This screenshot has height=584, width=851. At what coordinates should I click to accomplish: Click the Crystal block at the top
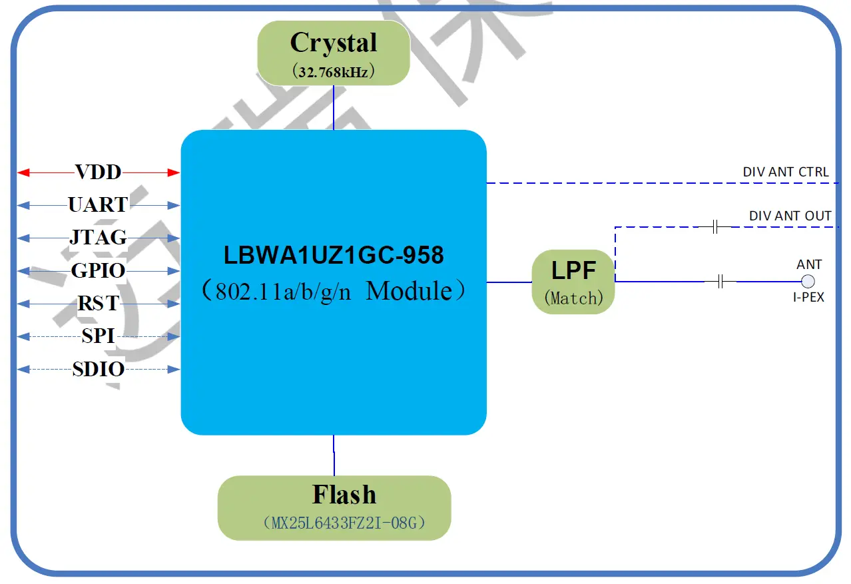334,53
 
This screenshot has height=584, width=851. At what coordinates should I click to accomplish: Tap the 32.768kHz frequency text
334,72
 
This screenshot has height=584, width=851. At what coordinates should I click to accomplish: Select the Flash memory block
334,507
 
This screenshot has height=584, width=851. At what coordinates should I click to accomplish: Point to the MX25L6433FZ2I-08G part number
344,523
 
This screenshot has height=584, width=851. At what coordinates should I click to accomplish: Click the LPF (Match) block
573,282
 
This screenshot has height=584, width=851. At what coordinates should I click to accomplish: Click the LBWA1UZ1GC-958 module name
334,255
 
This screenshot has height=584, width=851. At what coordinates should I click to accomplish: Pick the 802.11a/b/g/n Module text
334,292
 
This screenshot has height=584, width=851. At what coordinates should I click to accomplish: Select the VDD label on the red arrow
99,172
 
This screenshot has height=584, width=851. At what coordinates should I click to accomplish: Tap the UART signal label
99,204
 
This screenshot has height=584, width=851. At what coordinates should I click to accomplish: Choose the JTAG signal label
99,238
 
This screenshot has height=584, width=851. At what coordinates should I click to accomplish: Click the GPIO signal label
99,270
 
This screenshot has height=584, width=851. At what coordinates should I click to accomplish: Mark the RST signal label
99,304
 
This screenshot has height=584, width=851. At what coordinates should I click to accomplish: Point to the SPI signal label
99,336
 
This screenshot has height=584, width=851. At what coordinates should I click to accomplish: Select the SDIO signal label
99,369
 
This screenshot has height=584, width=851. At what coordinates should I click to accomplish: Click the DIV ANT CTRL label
786,172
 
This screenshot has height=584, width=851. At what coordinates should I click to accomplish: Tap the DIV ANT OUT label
790,216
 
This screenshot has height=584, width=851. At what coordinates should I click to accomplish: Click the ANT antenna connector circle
808,281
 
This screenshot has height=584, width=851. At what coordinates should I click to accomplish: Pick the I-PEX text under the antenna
808,298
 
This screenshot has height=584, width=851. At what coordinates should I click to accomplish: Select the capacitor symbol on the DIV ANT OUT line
714,227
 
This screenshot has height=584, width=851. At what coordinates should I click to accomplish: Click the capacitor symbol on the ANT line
720,282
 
